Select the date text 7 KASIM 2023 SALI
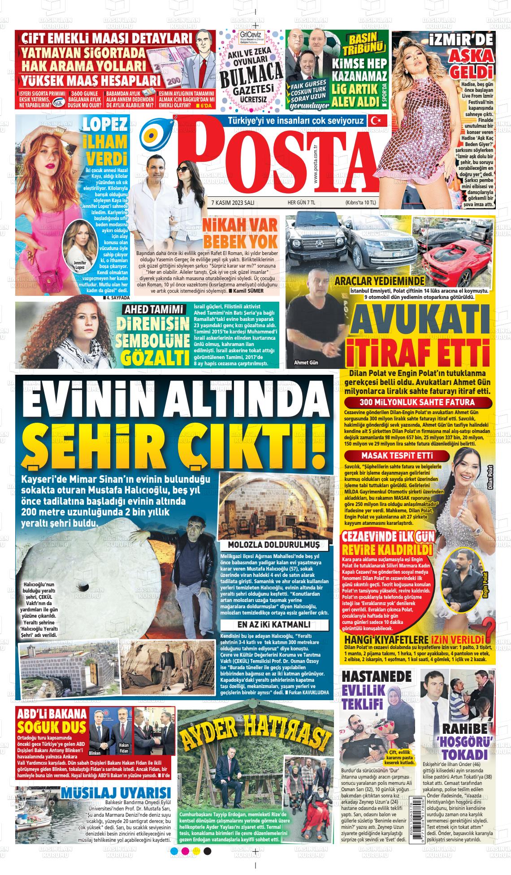tap(233, 203)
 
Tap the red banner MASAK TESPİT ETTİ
tap(397, 456)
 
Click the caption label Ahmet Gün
tap(306, 362)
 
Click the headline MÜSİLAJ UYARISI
tap(115, 793)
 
